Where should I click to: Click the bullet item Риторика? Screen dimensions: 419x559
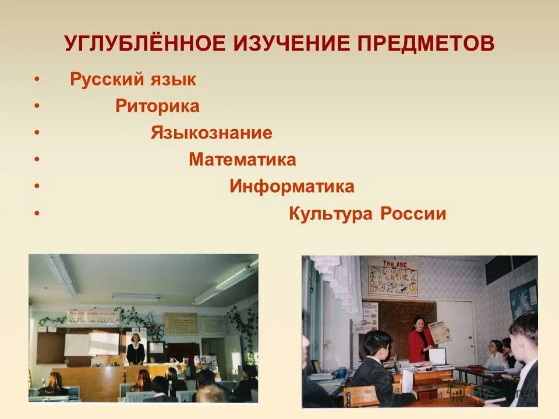157,106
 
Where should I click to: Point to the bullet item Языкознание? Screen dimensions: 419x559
211,133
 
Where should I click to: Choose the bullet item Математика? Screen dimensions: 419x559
242,159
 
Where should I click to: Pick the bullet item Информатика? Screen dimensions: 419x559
292,187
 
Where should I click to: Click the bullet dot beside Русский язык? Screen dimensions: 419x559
37,80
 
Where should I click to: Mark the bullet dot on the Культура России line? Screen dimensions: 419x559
37,214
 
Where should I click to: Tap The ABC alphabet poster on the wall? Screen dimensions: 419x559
392,278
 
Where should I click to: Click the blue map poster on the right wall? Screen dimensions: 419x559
523,299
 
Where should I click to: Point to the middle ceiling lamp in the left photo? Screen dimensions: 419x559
136,297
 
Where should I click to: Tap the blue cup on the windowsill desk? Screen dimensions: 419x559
341,372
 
